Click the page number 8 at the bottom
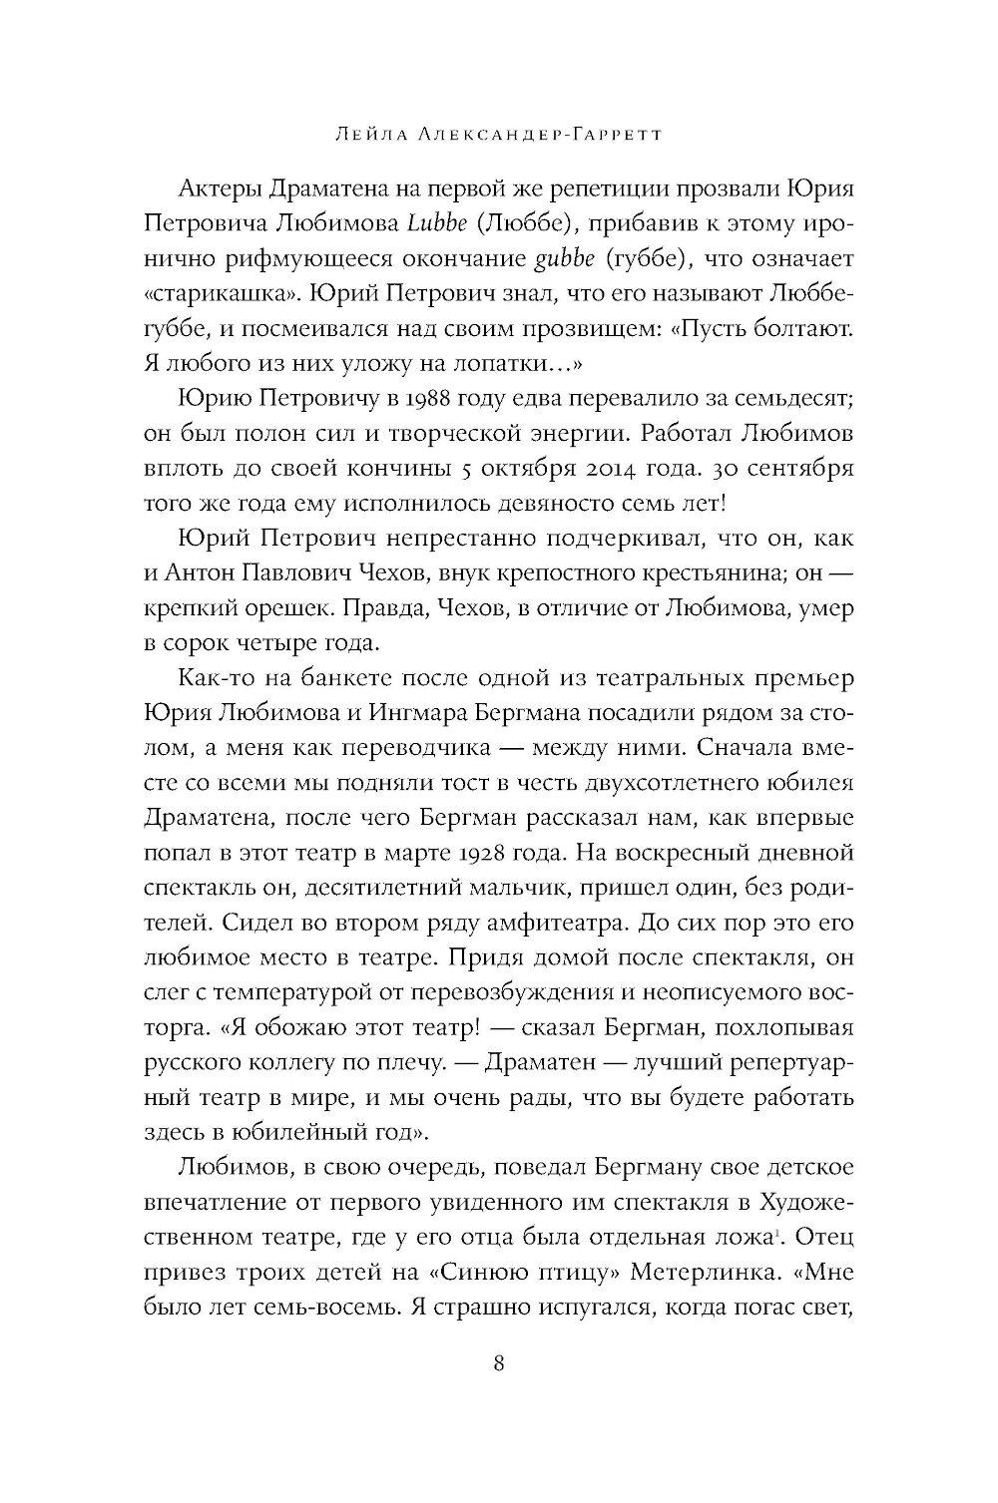click(499, 1363)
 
